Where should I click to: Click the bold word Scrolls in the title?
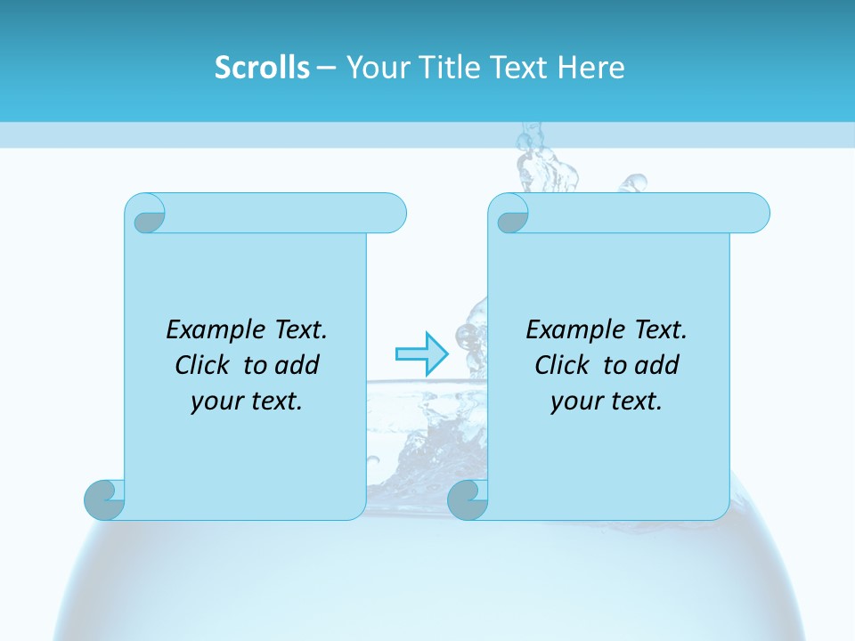pyautogui.click(x=262, y=68)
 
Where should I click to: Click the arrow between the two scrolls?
pyautogui.click(x=421, y=354)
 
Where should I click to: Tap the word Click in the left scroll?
pyautogui.click(x=204, y=365)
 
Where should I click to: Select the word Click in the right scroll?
pyautogui.click(x=563, y=365)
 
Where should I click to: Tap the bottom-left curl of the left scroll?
pyautogui.click(x=104, y=499)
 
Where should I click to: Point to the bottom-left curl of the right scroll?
pyautogui.click(x=468, y=499)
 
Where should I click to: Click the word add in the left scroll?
pyautogui.click(x=298, y=365)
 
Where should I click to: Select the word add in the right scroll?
pyautogui.click(x=658, y=365)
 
